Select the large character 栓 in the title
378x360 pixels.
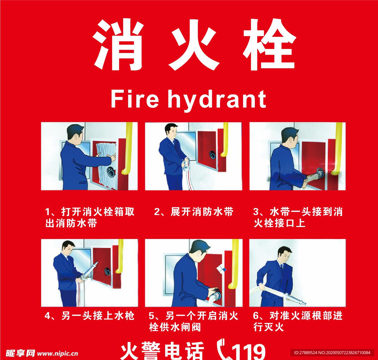269,45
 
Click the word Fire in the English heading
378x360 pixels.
135,99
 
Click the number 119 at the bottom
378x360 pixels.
249,351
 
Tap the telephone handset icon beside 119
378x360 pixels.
224,349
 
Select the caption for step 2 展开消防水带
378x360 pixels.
194,212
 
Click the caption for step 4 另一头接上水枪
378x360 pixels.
89,316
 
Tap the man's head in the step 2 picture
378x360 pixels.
171,131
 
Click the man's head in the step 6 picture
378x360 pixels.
284,255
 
